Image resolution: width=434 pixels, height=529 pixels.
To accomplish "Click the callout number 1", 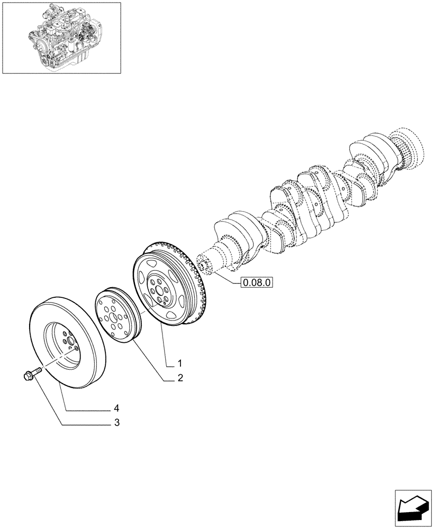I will (180, 363).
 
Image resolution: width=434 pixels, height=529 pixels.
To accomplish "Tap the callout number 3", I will (116, 423).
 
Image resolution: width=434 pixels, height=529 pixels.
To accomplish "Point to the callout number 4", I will (116, 408).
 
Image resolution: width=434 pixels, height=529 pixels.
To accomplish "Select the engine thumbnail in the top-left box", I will (61, 37).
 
